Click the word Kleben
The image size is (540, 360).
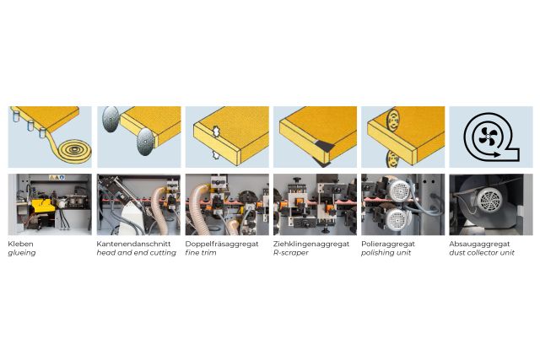pyautogui.click(x=22, y=244)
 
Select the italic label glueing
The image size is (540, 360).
pyautogui.click(x=23, y=253)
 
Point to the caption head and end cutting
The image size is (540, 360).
pyautogui.click(x=136, y=253)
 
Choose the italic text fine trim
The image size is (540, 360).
pyautogui.click(x=201, y=253)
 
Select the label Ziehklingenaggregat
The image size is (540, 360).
pyautogui.click(x=310, y=244)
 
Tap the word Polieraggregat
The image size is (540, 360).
pyautogui.click(x=388, y=244)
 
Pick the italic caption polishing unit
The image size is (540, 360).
pyautogui.click(x=386, y=253)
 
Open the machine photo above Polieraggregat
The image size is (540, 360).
pyautogui.click(x=402, y=205)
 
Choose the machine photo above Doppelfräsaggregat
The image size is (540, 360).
pyautogui.click(x=227, y=205)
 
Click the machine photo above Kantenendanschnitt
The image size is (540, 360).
pyautogui.click(x=138, y=205)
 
